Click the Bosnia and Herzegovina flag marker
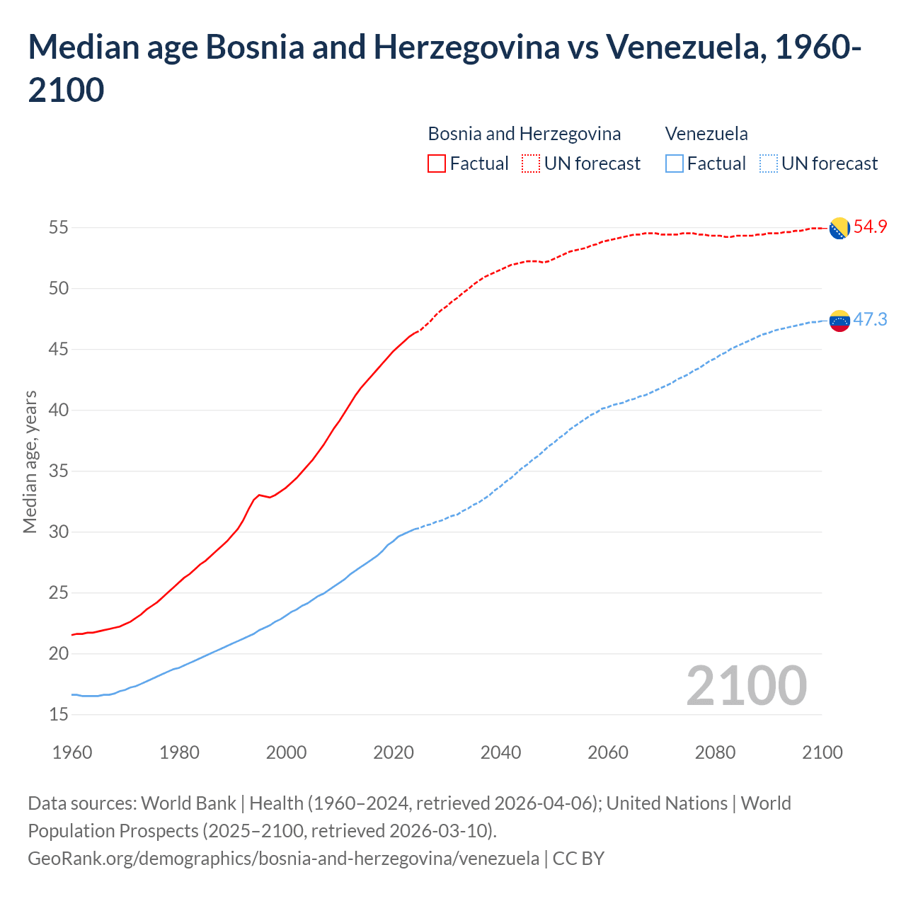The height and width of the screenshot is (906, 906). (x=839, y=229)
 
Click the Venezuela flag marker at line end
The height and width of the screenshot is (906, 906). (x=839, y=321)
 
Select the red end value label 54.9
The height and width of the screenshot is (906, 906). (x=870, y=227)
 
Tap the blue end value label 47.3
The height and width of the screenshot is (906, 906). (x=870, y=319)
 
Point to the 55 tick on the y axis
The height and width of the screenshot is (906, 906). (x=58, y=228)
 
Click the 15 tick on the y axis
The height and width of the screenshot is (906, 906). (x=58, y=715)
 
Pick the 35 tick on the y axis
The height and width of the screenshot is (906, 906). (x=58, y=471)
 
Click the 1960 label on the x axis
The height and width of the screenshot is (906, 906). (x=72, y=752)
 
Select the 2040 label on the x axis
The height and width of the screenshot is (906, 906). (x=500, y=752)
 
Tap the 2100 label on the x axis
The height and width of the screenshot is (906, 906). (x=822, y=752)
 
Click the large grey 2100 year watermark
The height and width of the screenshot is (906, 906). (x=746, y=686)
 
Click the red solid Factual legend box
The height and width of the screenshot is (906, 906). (x=437, y=164)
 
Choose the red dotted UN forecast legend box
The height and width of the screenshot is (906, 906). (x=531, y=164)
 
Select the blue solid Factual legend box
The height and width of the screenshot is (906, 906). (x=675, y=164)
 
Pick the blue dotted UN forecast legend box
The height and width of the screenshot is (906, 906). (x=768, y=164)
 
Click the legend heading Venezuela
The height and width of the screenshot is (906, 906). (x=706, y=134)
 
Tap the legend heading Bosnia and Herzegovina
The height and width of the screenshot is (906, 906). (x=524, y=134)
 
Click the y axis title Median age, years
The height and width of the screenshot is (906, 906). (x=30, y=461)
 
